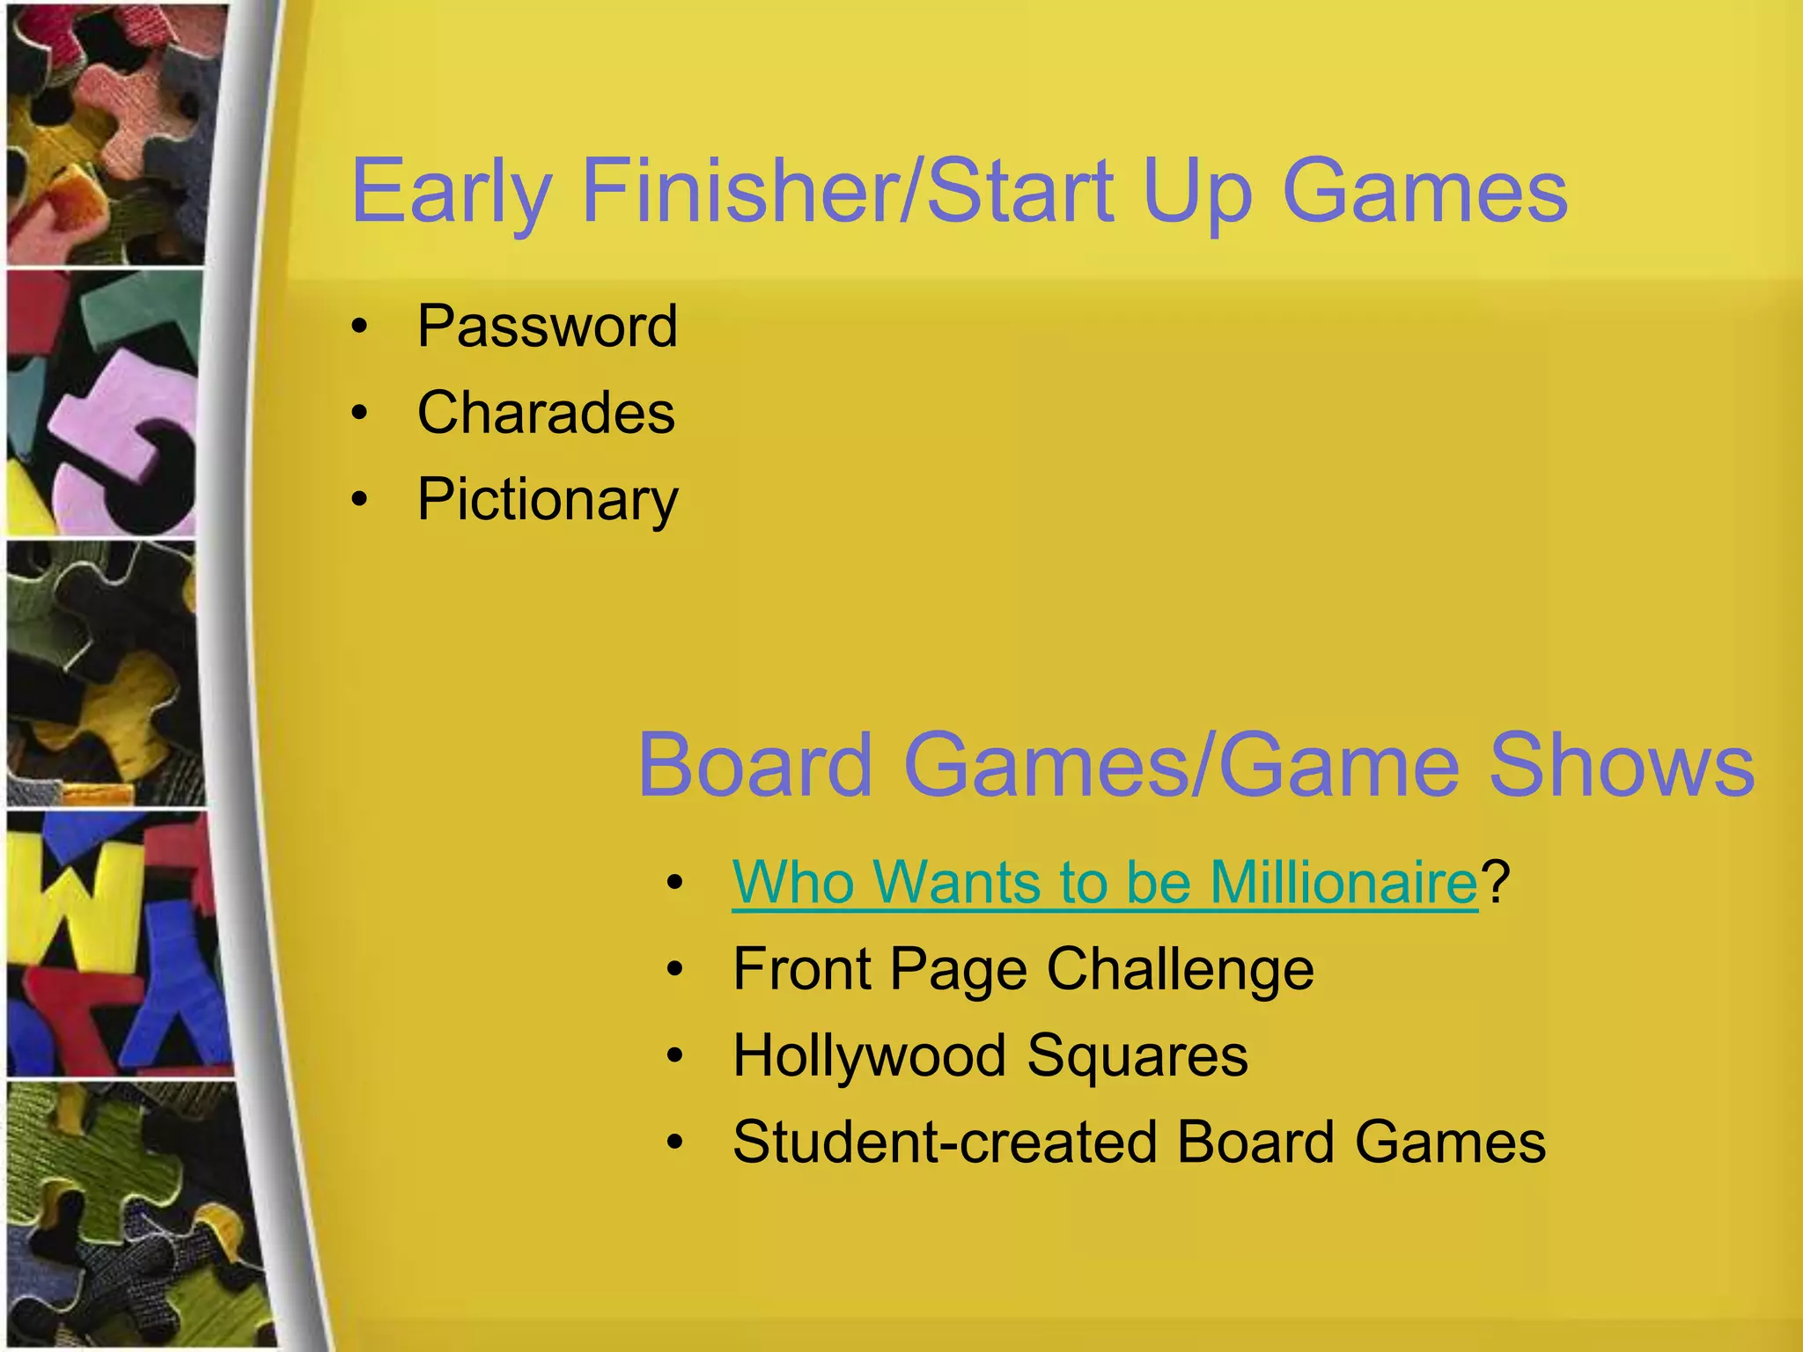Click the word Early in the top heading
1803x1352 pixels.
coord(452,191)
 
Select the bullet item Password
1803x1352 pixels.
coord(547,327)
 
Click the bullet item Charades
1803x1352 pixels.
coord(546,413)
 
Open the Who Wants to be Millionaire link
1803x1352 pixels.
coord(1105,881)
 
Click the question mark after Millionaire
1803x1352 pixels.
coord(1496,881)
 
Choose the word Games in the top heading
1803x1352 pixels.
coord(1424,191)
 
